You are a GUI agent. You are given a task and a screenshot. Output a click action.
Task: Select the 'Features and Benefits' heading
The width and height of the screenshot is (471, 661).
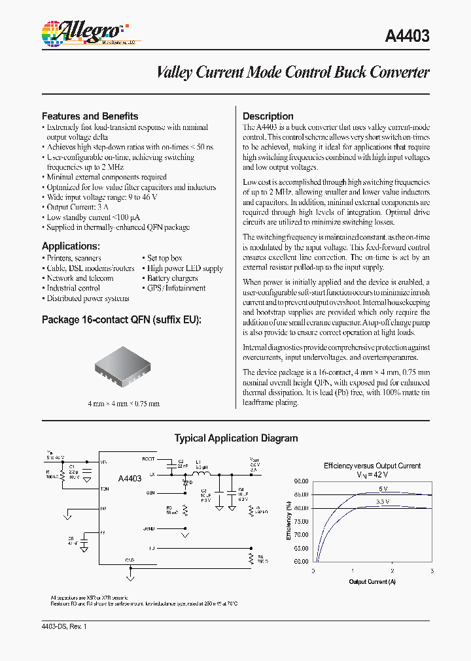tap(90, 116)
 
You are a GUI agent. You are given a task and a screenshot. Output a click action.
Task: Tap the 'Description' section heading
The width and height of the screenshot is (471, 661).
tap(268, 116)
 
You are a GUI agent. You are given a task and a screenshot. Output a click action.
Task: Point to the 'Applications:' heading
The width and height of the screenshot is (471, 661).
tap(71, 246)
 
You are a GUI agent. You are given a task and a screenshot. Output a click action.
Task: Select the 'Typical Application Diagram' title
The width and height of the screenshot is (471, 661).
tap(235, 438)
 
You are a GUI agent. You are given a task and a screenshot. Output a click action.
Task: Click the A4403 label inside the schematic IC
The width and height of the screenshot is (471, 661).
tap(130, 479)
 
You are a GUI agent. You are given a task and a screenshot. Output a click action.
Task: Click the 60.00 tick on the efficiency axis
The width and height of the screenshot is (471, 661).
tap(300, 561)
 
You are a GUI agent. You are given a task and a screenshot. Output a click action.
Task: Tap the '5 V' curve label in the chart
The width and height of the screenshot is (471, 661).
tap(381, 489)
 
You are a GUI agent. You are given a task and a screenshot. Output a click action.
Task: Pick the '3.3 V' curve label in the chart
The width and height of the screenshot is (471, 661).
tap(383, 502)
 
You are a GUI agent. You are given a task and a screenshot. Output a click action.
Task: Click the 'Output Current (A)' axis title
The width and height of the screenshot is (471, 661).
tap(372, 581)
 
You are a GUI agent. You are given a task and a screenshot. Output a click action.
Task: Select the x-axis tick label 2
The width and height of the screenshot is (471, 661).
tap(392, 570)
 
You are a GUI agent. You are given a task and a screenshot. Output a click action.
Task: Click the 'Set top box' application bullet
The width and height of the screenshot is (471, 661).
tap(164, 258)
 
